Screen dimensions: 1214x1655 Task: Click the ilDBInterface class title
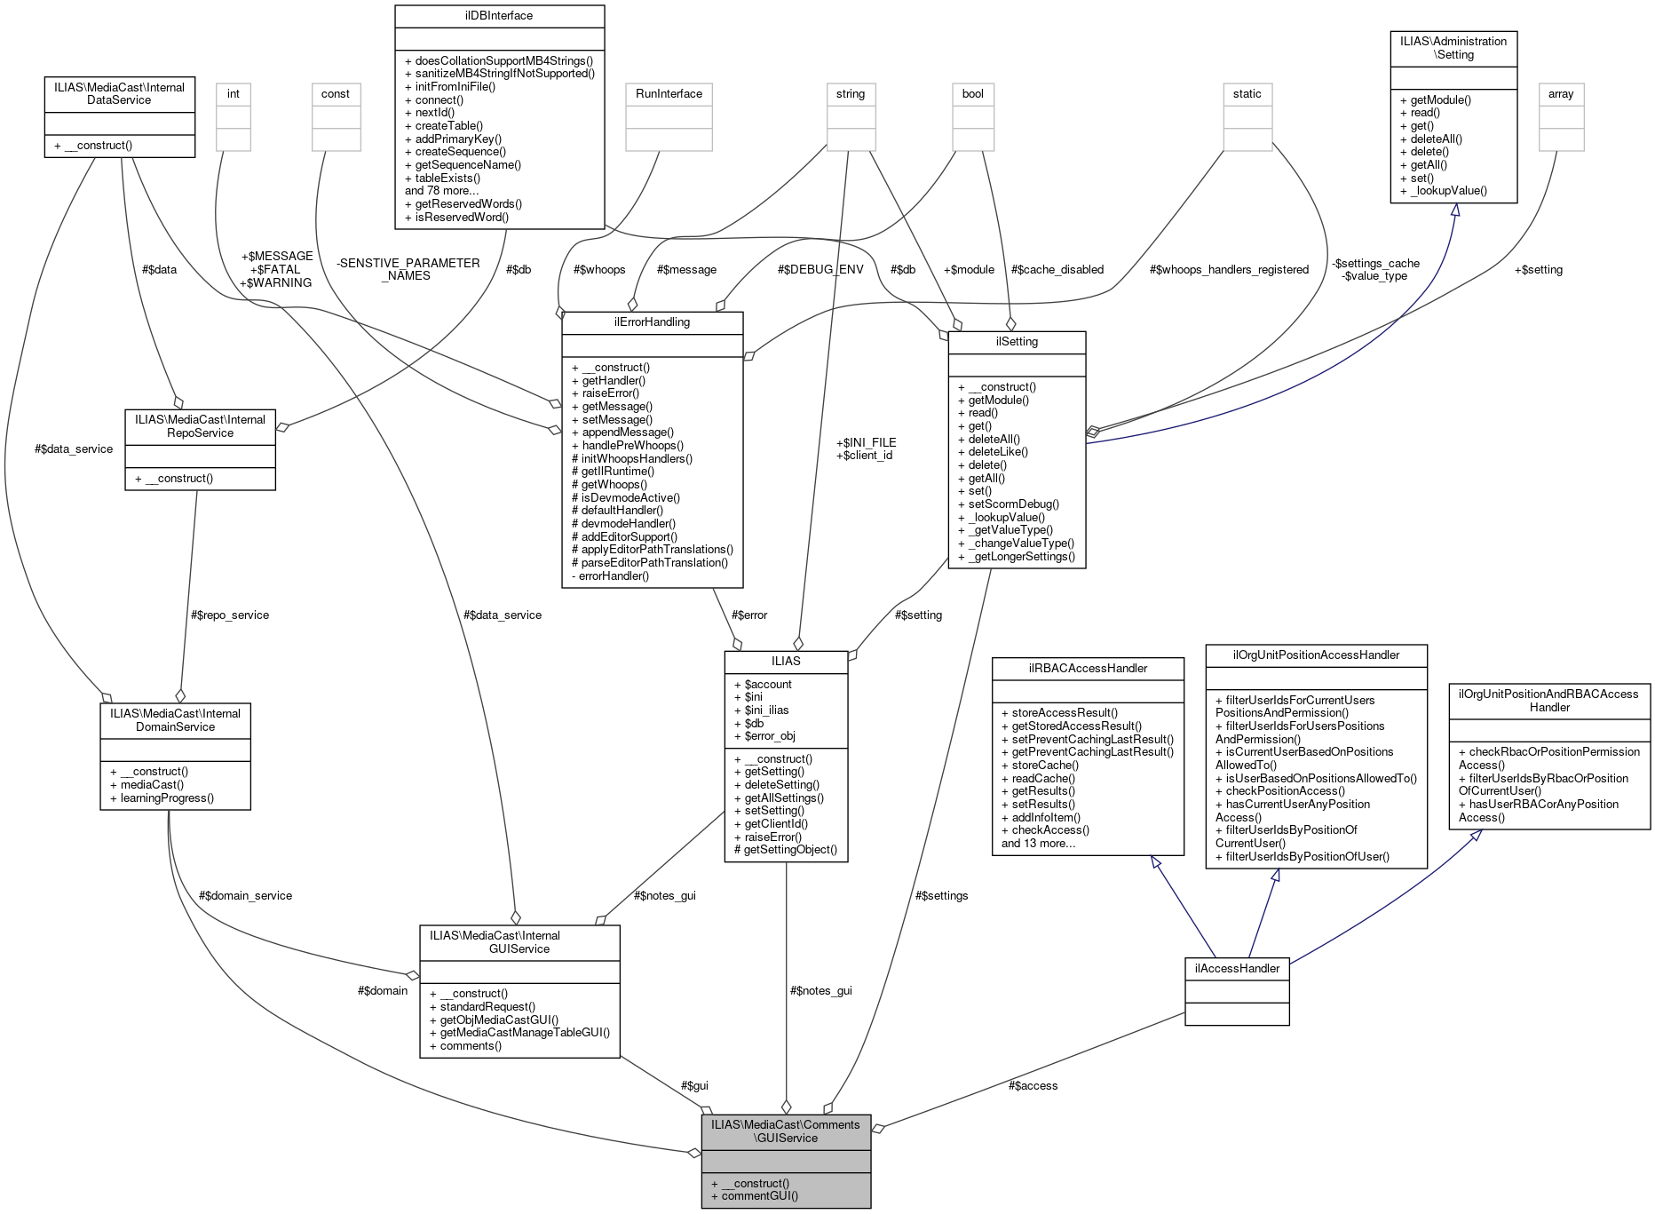(x=498, y=15)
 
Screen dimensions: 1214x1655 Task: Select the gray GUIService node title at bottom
(x=785, y=1131)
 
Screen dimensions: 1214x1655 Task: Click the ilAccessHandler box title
(x=1237, y=968)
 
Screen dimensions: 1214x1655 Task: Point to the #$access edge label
(x=1033, y=1085)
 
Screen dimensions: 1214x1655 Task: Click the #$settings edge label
(x=941, y=895)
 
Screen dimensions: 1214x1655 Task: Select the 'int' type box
(x=233, y=93)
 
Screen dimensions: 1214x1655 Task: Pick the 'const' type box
(x=336, y=93)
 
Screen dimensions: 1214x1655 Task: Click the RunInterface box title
(x=669, y=93)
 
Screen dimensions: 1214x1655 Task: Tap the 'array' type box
(x=1560, y=93)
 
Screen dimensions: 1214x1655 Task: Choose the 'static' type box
(x=1247, y=93)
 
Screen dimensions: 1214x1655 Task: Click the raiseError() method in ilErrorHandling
(x=610, y=393)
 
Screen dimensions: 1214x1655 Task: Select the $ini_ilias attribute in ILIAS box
(x=766, y=710)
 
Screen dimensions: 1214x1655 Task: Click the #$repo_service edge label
(x=230, y=615)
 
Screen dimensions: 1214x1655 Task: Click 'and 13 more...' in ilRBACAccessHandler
(x=1038, y=843)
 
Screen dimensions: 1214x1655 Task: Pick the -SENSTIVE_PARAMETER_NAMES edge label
(x=408, y=269)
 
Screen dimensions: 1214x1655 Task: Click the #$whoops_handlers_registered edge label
(x=1229, y=269)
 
